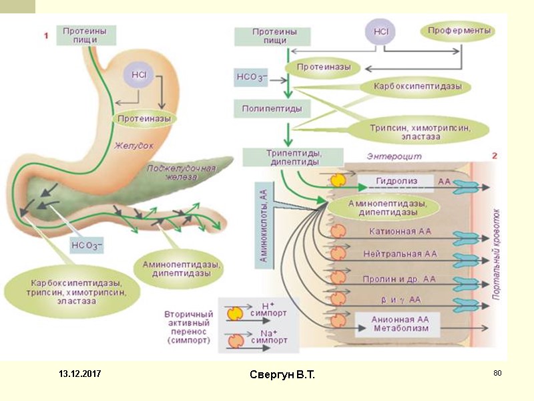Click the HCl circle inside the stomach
tap(138, 76)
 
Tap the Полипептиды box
tap(272, 109)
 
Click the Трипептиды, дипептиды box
tap(293, 157)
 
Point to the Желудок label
tap(133, 146)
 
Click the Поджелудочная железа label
tap(181, 172)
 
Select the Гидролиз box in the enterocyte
tap(396, 182)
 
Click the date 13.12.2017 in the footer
tap(79, 374)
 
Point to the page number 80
tap(497, 373)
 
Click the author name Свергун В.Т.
tap(282, 374)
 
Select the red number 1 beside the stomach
tap(46, 35)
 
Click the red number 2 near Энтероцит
tap(495, 156)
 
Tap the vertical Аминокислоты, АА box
tap(264, 225)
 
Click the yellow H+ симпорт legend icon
tap(235, 313)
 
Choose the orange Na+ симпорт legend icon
tap(236, 341)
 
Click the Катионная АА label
tap(400, 231)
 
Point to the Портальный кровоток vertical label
tap(497, 255)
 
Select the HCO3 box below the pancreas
tap(87, 245)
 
